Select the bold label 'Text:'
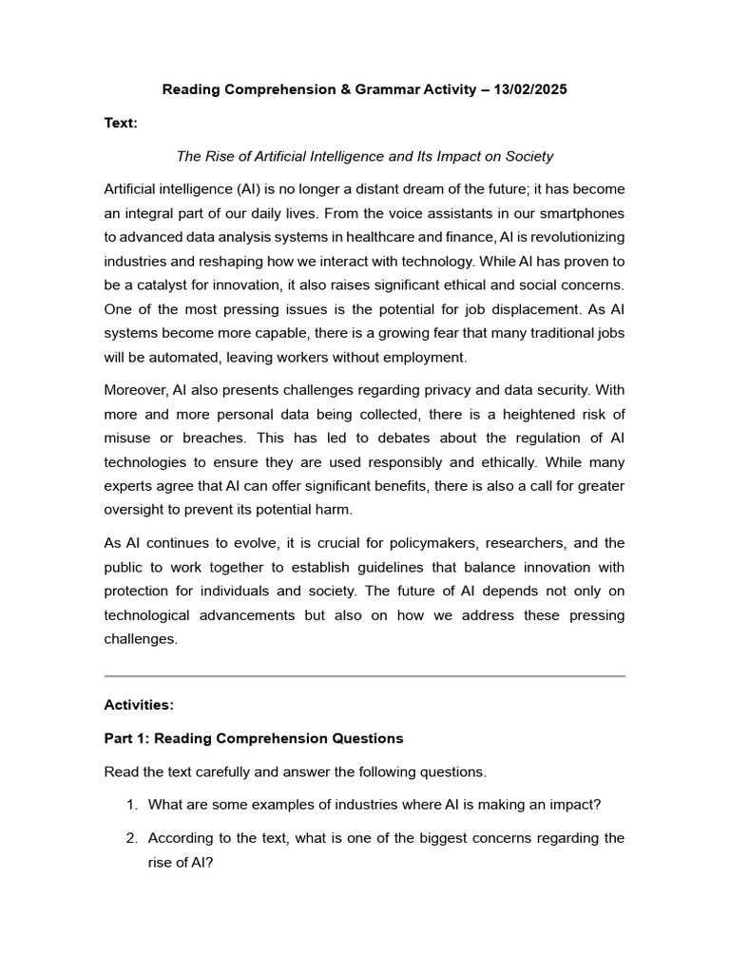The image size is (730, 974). (x=121, y=123)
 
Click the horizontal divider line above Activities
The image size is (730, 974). (x=364, y=676)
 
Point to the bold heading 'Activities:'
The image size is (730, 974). (x=139, y=705)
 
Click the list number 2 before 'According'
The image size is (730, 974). (x=130, y=837)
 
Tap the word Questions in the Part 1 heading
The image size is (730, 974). (x=368, y=738)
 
